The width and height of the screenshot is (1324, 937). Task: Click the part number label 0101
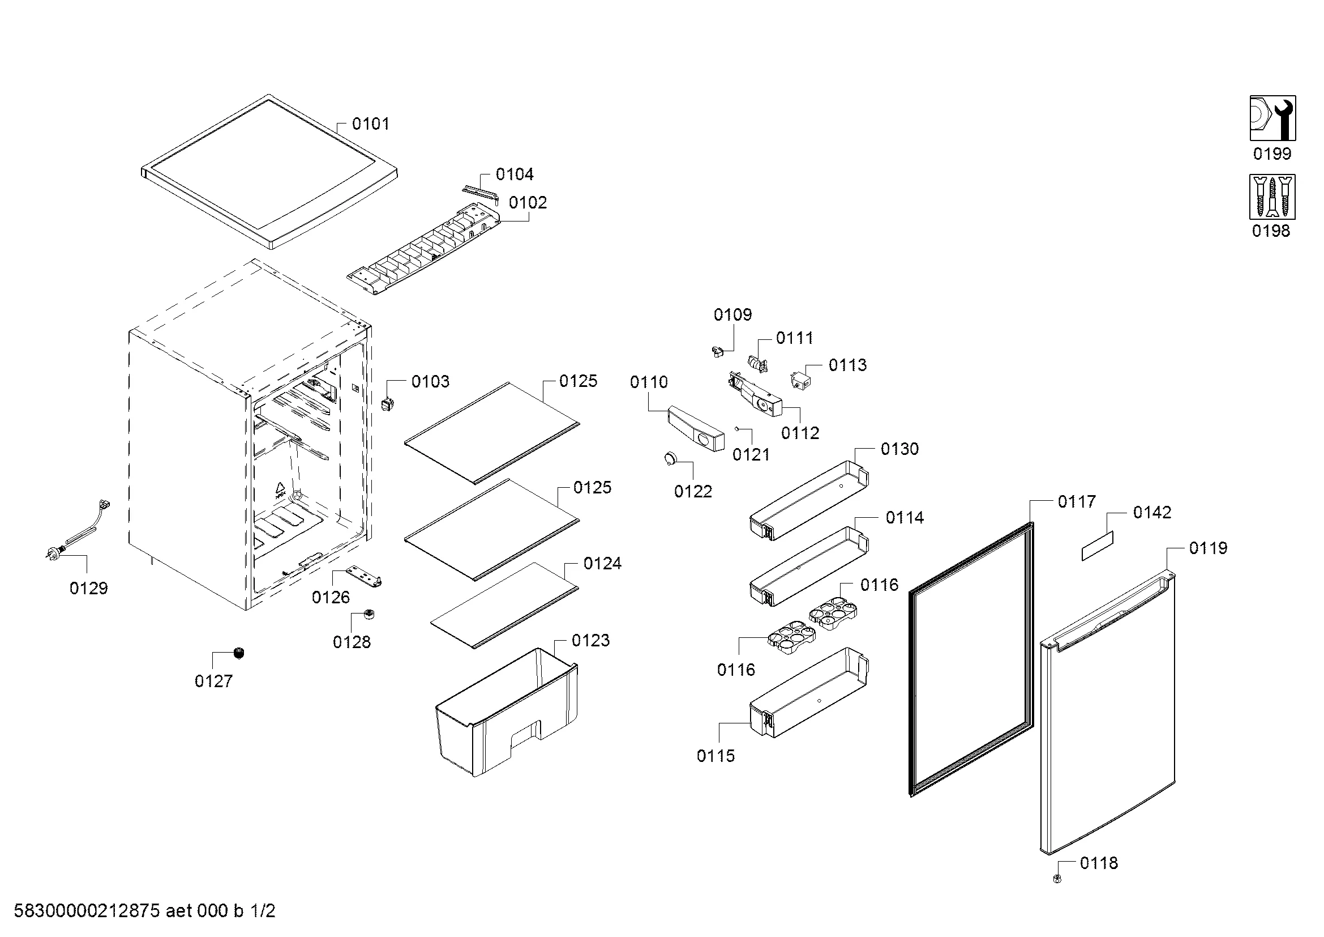(x=370, y=123)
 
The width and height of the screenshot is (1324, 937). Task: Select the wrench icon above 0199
(x=1272, y=118)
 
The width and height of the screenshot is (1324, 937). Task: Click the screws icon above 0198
(x=1272, y=197)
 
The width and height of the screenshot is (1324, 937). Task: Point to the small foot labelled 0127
(x=238, y=653)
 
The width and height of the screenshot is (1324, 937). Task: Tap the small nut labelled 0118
(x=1056, y=879)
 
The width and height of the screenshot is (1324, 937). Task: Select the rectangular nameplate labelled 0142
(x=1097, y=546)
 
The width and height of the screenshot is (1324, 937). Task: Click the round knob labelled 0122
(x=670, y=458)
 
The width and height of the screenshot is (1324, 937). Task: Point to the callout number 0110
(x=649, y=382)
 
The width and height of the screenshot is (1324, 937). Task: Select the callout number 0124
(x=603, y=563)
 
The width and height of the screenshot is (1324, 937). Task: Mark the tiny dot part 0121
(x=737, y=428)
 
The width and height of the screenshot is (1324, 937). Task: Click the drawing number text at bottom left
(x=144, y=911)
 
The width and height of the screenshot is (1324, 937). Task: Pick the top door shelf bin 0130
(x=808, y=500)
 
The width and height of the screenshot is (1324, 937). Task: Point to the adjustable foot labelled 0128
(x=369, y=614)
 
